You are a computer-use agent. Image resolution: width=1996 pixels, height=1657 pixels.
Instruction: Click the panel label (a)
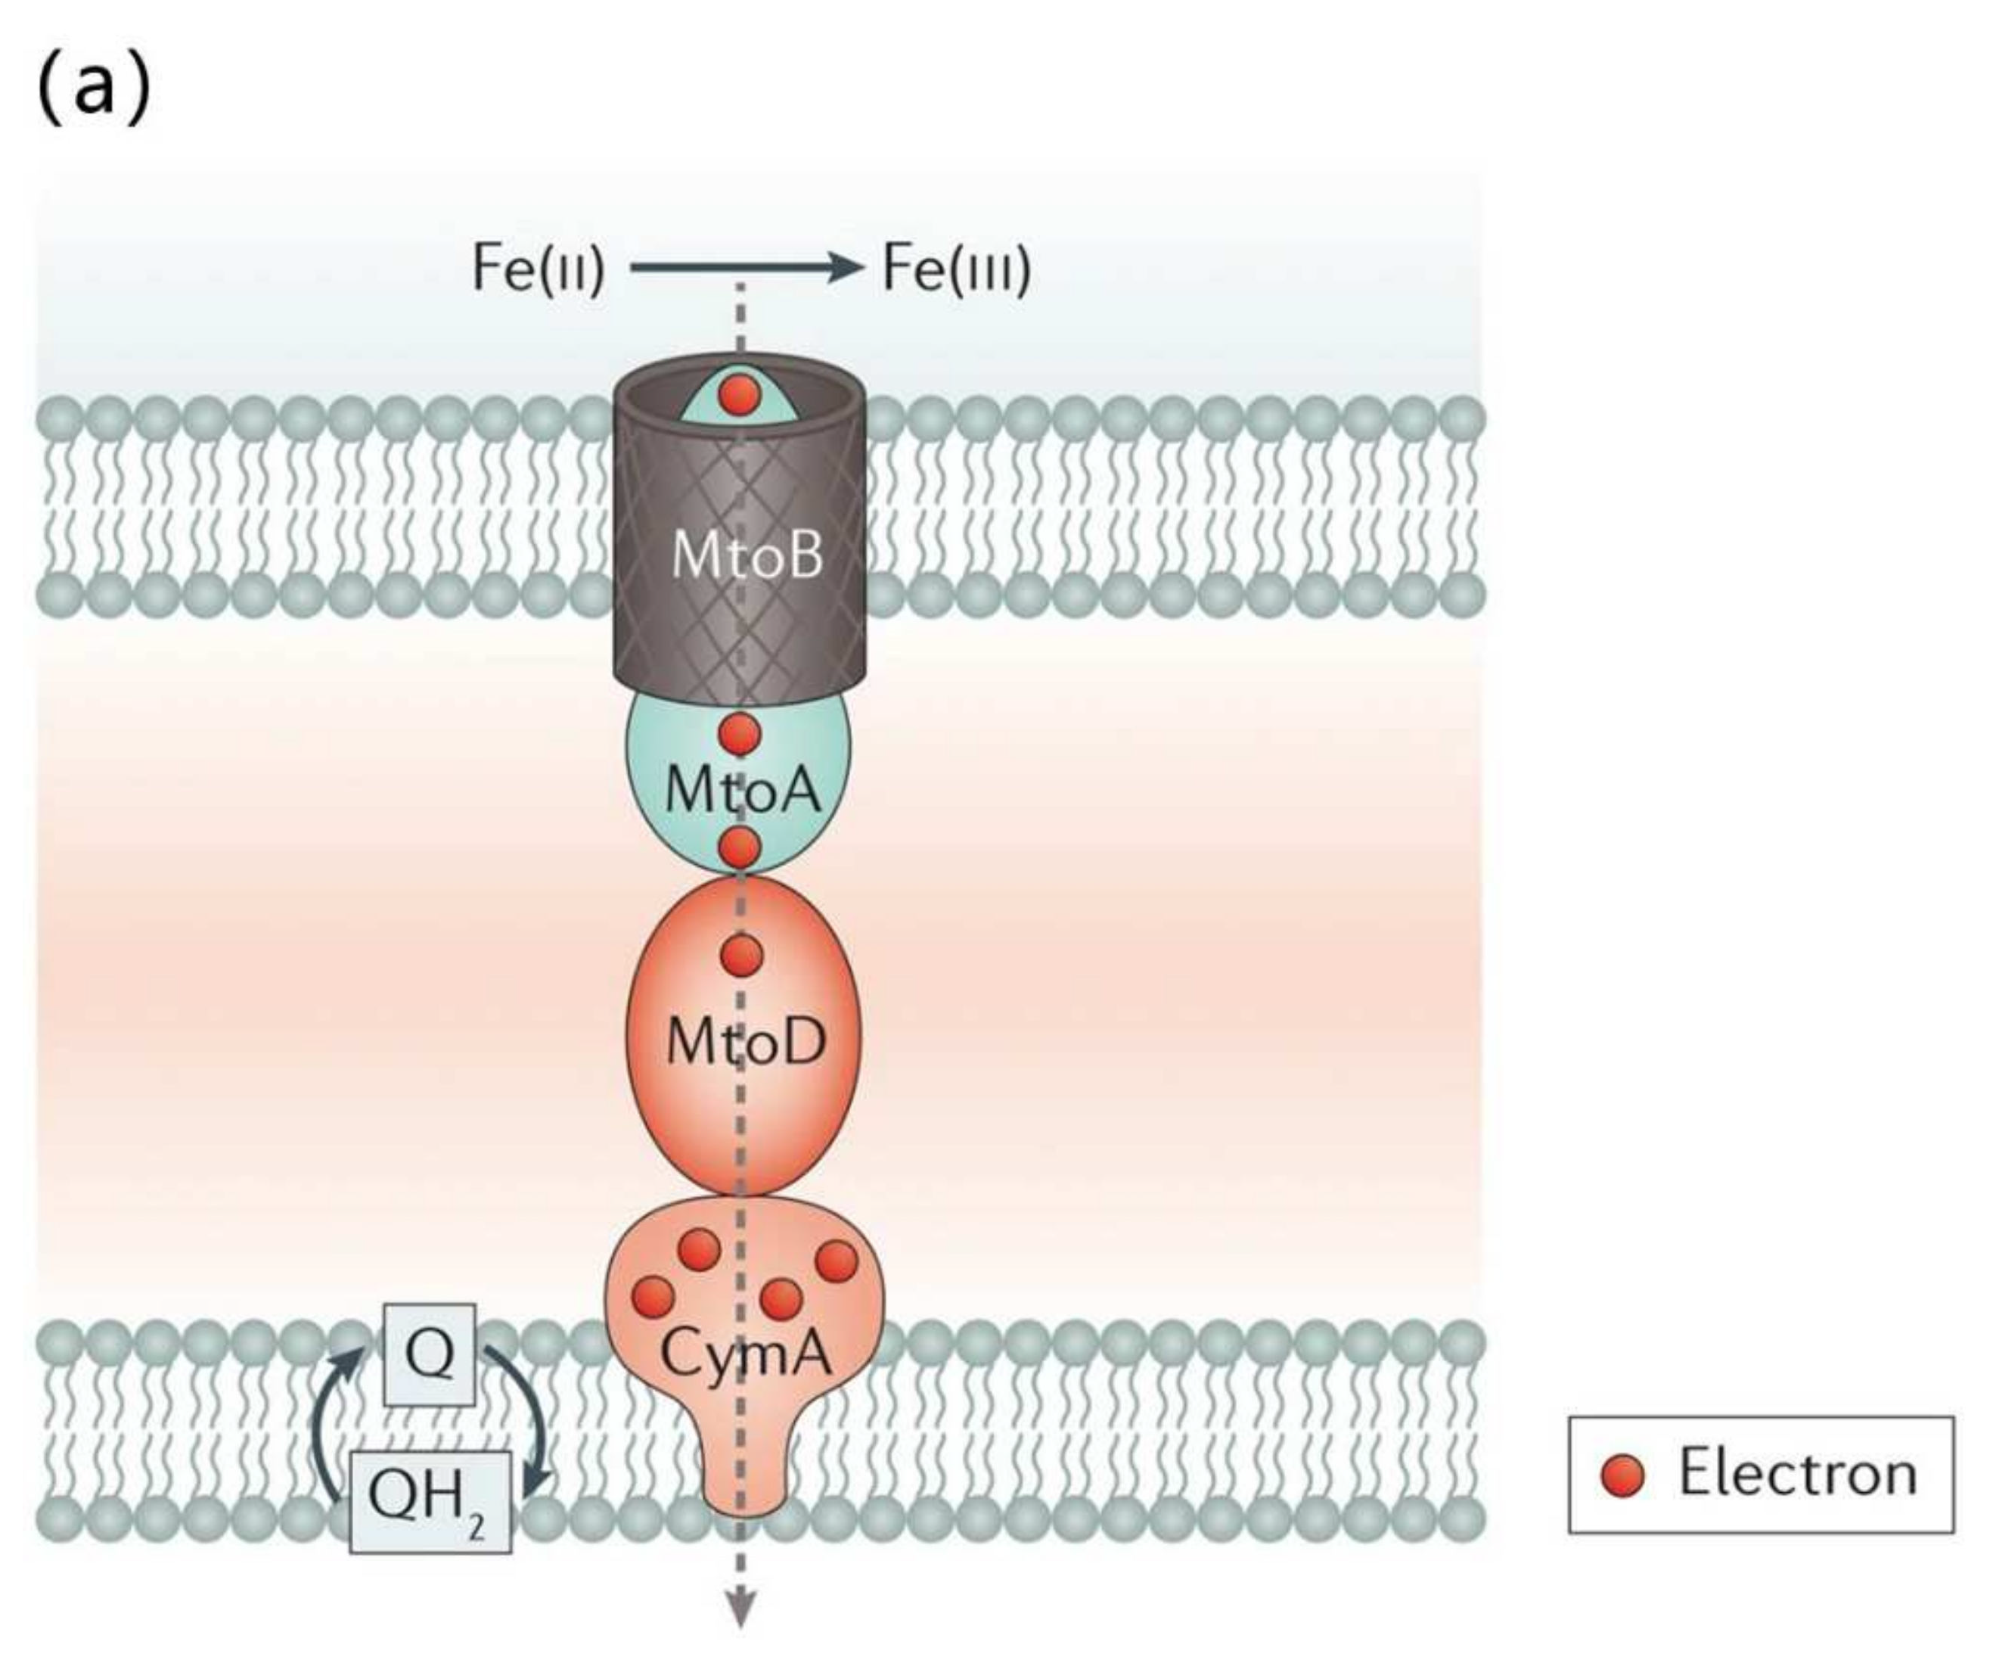[x=93, y=89]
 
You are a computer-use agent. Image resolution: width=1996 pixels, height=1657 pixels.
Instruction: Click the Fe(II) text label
[x=538, y=269]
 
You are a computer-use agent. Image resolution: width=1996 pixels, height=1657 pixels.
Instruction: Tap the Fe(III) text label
[x=956, y=269]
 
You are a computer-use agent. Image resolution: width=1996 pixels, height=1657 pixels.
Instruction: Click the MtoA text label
[x=742, y=789]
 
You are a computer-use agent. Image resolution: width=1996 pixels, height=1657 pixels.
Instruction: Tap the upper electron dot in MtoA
[x=740, y=734]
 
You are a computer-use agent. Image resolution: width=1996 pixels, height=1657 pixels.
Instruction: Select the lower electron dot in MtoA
[x=740, y=846]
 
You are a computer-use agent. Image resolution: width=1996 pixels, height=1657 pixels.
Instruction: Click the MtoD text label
[x=746, y=1042]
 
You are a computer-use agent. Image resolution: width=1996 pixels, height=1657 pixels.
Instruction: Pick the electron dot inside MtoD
[x=741, y=956]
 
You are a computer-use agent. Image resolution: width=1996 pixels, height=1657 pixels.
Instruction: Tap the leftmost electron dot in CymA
[x=654, y=1297]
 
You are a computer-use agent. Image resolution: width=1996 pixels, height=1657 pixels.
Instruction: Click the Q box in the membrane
[x=430, y=1354]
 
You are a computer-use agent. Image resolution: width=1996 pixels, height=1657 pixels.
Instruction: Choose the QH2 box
[x=430, y=1500]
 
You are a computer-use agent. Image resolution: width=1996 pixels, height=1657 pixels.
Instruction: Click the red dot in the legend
[x=1622, y=1475]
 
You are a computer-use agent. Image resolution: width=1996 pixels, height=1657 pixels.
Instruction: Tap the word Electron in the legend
[x=1797, y=1475]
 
